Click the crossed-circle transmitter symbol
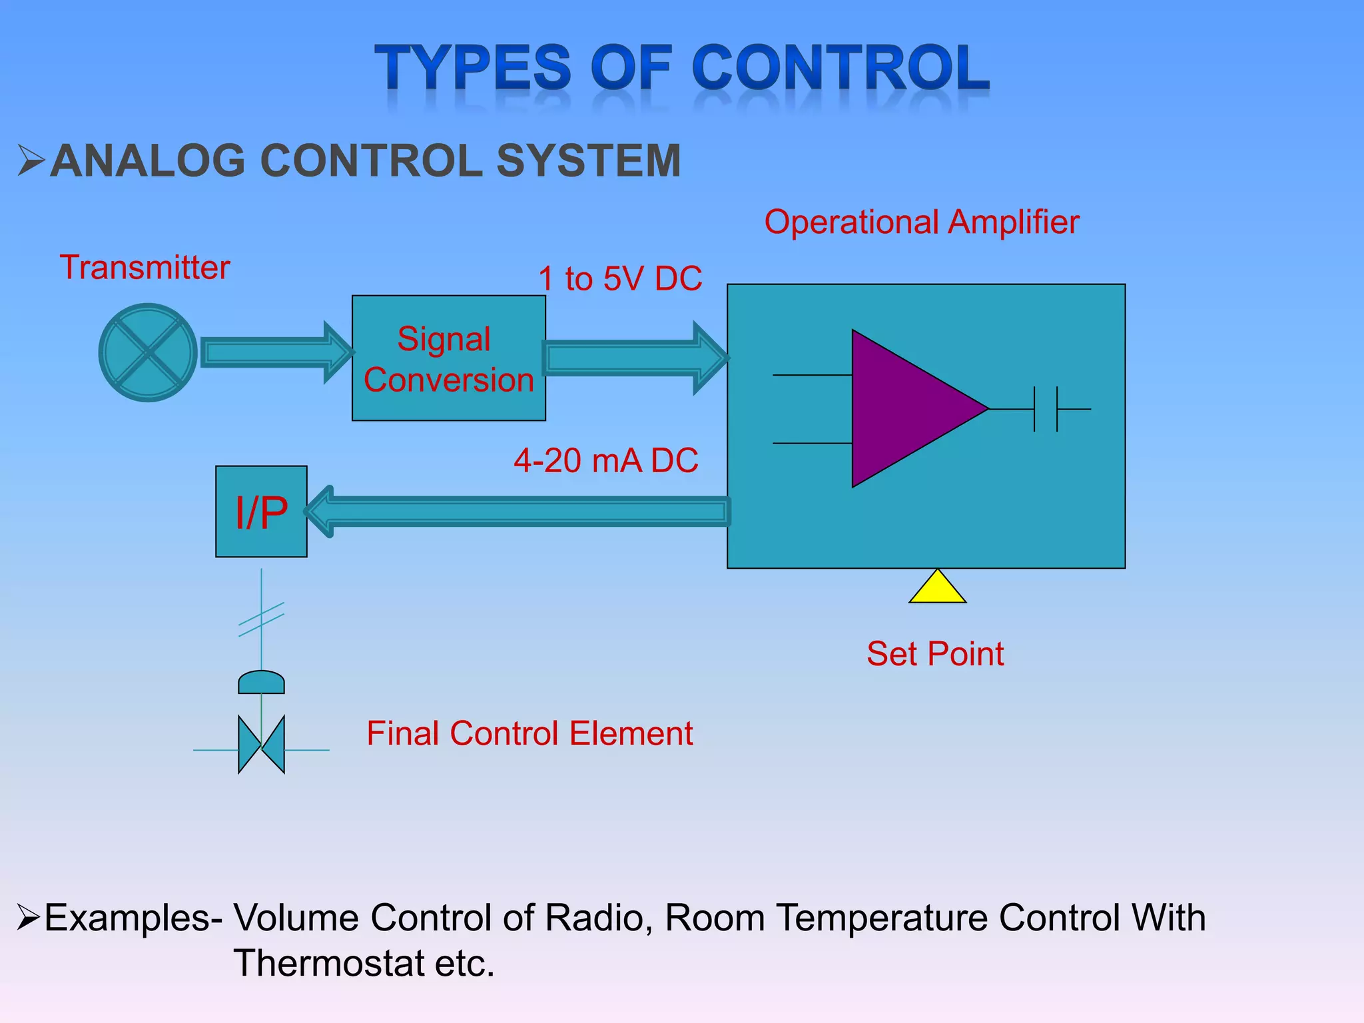[148, 352]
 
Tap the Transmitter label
[145, 268]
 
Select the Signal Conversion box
[448, 358]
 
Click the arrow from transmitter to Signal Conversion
[273, 352]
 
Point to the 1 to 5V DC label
[620, 278]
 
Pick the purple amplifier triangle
[906, 408]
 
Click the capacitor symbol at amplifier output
[1046, 409]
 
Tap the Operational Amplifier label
[921, 222]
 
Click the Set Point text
[934, 653]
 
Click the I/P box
[261, 511]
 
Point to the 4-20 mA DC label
[605, 461]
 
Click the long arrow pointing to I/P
[519, 511]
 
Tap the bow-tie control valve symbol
[261, 745]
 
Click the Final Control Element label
[529, 733]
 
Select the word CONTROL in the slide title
[841, 67]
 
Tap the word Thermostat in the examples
[329, 963]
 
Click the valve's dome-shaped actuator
[261, 683]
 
